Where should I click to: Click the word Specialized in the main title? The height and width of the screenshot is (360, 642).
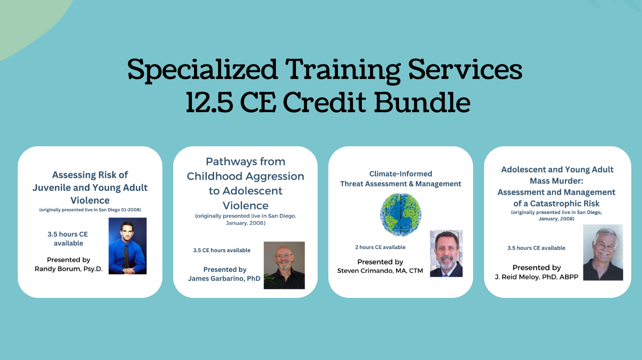(203, 70)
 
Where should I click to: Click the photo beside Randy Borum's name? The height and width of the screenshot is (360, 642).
(128, 246)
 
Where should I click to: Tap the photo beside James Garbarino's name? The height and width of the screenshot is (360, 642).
(284, 265)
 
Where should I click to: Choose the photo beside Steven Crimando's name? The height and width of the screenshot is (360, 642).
(446, 253)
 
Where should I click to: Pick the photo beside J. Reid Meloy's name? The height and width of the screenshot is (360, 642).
(603, 252)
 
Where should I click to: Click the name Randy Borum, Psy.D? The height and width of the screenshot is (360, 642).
(69, 269)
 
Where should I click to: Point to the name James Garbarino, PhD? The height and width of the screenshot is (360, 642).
(224, 279)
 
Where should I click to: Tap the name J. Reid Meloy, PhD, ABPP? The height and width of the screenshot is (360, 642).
(537, 277)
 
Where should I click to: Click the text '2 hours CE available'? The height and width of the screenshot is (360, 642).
(380, 247)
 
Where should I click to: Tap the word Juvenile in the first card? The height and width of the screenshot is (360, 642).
(51, 188)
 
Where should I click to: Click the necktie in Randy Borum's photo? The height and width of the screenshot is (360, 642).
(126, 255)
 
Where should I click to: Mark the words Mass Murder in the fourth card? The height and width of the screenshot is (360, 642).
(556, 181)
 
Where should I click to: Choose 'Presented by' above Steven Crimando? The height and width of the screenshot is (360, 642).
(380, 262)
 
